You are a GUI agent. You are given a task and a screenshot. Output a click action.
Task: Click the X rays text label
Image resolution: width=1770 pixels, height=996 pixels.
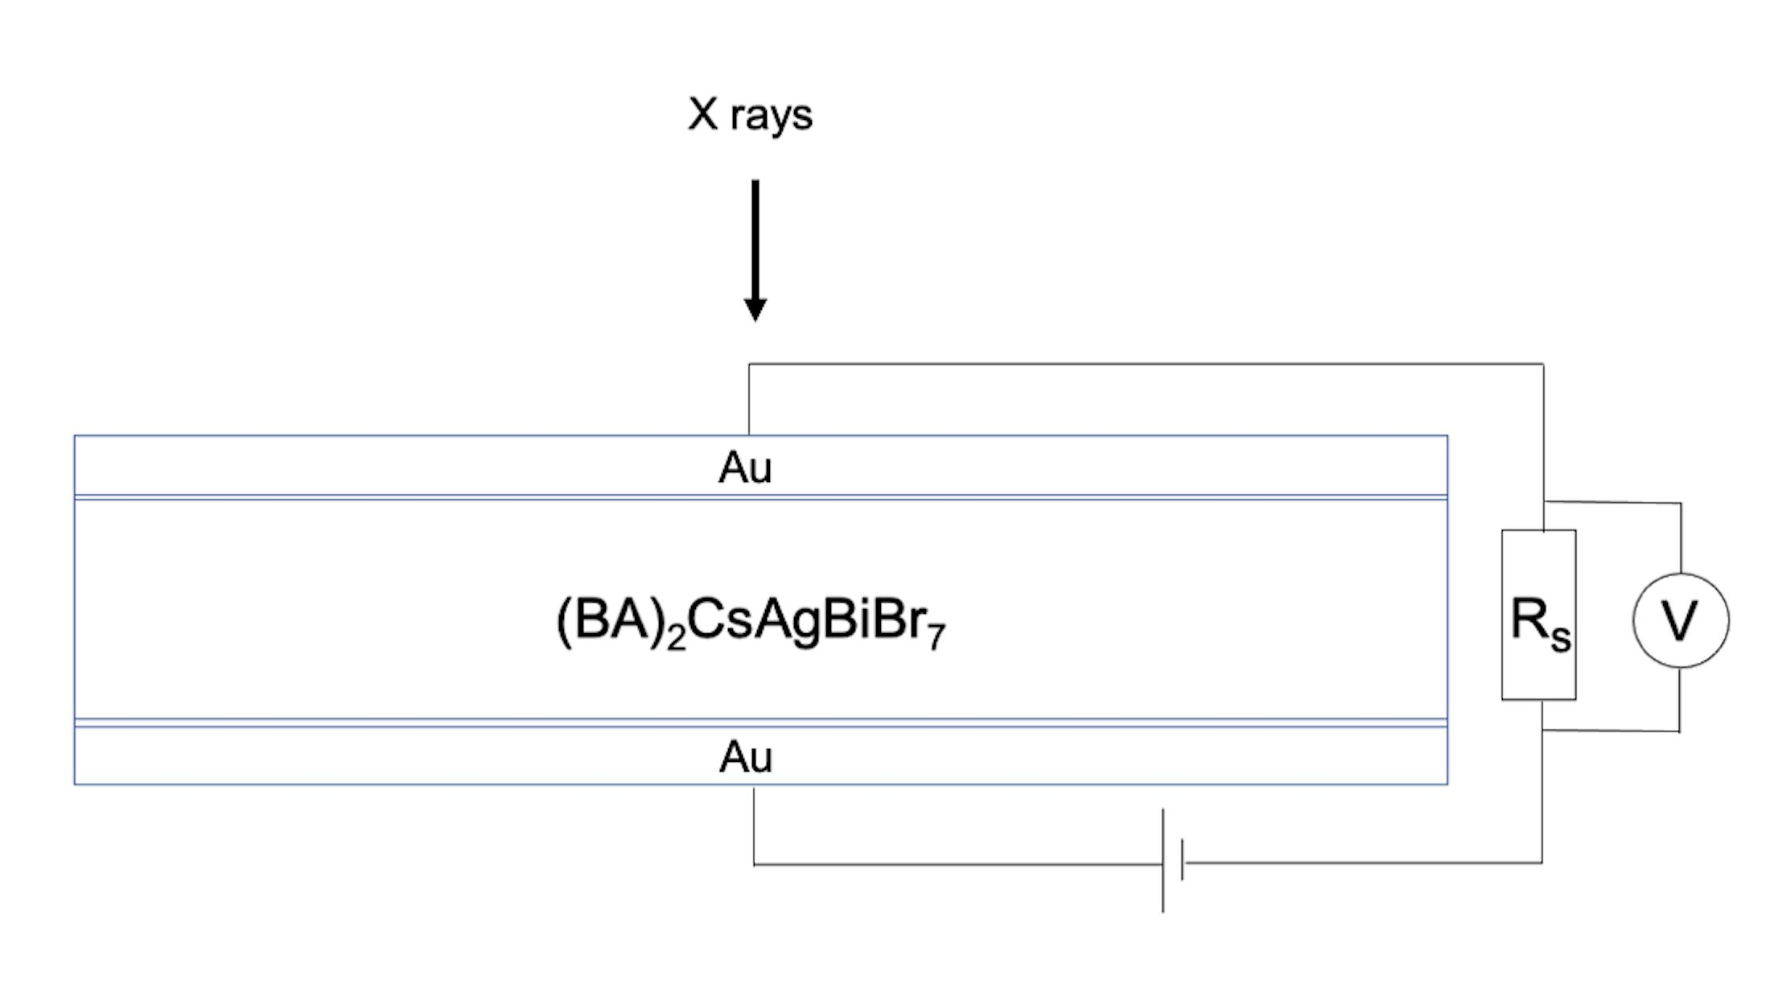coord(750,115)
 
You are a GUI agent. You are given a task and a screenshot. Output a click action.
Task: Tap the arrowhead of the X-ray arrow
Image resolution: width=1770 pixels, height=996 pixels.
coord(755,309)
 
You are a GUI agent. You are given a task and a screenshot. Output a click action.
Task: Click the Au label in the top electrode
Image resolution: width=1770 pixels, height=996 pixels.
coord(745,467)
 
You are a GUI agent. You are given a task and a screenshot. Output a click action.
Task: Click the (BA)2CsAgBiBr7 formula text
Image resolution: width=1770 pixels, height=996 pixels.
coord(751,622)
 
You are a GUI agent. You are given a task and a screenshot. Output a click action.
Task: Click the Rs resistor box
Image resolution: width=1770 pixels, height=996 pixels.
coord(1538,615)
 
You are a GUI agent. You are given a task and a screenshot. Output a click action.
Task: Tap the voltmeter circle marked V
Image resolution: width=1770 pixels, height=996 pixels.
coord(1680,620)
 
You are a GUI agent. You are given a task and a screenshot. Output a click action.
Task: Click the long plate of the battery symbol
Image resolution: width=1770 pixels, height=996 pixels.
coord(1163,861)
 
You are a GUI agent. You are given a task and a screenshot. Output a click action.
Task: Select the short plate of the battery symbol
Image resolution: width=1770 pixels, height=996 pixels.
coord(1182,861)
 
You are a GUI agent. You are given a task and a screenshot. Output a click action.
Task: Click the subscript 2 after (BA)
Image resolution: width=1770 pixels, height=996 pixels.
coord(676,639)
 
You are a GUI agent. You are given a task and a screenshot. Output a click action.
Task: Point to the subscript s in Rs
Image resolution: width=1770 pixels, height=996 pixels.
coord(1561,638)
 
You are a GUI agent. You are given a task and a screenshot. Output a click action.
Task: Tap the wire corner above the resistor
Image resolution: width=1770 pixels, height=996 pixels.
coord(1542,364)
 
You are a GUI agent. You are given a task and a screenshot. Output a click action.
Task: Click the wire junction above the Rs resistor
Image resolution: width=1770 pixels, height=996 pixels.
coord(1543,502)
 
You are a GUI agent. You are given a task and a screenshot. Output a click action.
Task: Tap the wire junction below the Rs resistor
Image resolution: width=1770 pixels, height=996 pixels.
coord(1542,731)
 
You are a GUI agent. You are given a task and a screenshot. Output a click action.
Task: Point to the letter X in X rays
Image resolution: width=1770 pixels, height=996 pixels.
coord(702,113)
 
